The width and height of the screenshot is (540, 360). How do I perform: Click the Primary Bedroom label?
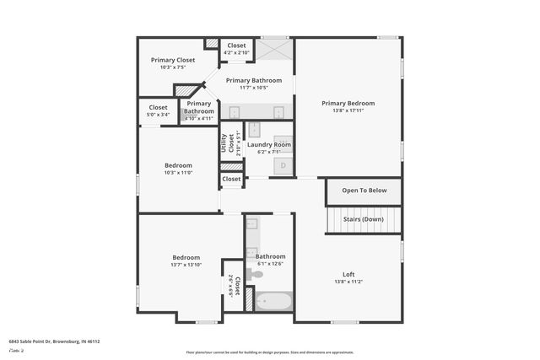click(x=348, y=103)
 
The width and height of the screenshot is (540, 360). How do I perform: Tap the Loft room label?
click(x=348, y=273)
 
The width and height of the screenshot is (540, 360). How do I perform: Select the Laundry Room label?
click(x=268, y=144)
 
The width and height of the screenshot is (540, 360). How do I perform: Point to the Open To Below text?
click(x=364, y=191)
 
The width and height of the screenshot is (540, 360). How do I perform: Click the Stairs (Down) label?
click(x=364, y=219)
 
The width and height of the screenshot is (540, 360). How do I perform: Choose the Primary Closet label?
click(x=173, y=60)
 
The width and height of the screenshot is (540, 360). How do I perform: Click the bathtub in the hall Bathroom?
click(x=274, y=301)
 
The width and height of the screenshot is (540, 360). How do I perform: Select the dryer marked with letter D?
click(x=283, y=166)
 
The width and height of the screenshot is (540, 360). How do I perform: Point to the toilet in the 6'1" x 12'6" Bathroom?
click(x=254, y=274)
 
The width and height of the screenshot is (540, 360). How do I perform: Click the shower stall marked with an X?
click(x=274, y=50)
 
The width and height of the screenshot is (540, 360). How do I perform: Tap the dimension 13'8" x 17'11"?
click(x=348, y=110)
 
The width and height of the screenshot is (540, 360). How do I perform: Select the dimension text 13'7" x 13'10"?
click(x=186, y=265)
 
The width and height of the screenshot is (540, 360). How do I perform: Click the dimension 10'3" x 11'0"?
click(x=178, y=173)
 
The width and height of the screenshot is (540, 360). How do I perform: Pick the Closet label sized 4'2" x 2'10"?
click(x=236, y=46)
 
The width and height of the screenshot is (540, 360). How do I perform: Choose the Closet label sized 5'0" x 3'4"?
click(x=158, y=108)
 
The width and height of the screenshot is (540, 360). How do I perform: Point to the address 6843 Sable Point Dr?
click(x=54, y=341)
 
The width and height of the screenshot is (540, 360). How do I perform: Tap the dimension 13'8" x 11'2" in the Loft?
click(x=348, y=281)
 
